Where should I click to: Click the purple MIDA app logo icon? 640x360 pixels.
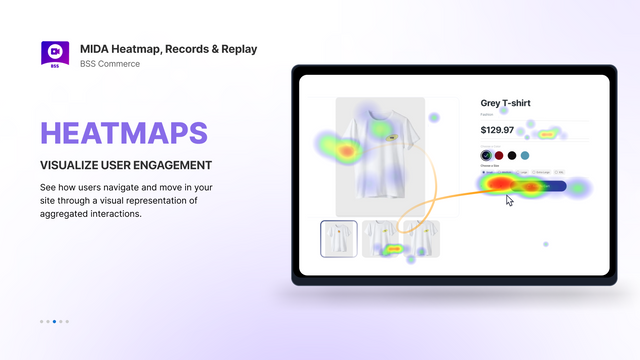[x=54, y=53]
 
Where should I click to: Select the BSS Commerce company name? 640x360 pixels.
[x=111, y=64]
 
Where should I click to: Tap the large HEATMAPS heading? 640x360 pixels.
[x=124, y=134]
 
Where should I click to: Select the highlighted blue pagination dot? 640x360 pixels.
[x=54, y=321]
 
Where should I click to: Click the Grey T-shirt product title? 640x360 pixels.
[x=511, y=103]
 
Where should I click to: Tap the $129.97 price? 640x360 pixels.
[x=497, y=130]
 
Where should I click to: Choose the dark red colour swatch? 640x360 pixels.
[x=499, y=156]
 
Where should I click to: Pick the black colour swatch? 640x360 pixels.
[x=512, y=156]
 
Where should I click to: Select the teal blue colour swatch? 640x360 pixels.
[x=525, y=156]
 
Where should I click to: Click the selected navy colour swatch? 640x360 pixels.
[x=486, y=156]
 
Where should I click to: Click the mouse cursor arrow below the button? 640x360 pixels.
[x=510, y=200]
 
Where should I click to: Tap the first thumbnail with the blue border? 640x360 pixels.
[x=339, y=239]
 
